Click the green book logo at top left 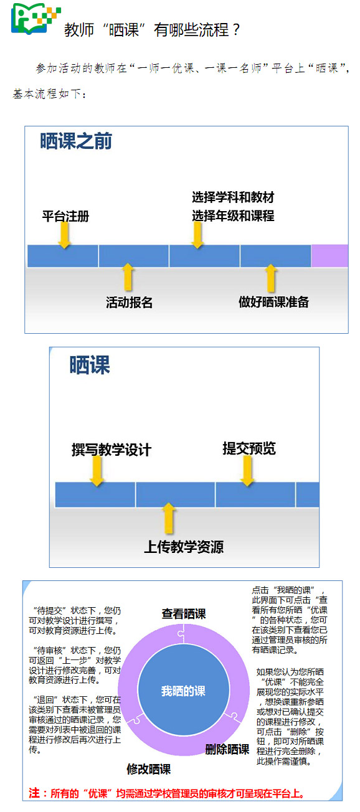[36, 19]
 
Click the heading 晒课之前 [76, 141]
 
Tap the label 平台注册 [65, 216]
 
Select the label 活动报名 [130, 302]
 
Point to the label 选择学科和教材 [233, 197]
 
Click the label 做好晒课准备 [273, 301]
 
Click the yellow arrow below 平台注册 [65, 235]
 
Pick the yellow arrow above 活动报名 [128, 277]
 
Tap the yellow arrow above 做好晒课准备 [271, 278]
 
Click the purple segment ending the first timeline [329, 256]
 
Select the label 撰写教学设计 [111, 450]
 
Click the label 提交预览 [249, 448]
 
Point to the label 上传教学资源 [184, 547]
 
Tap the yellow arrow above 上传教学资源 [169, 518]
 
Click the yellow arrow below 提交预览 [248, 471]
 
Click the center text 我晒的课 [184, 691]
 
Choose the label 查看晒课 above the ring [184, 614]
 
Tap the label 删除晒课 [227, 749]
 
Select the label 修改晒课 [149, 769]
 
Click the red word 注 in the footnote [34, 793]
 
